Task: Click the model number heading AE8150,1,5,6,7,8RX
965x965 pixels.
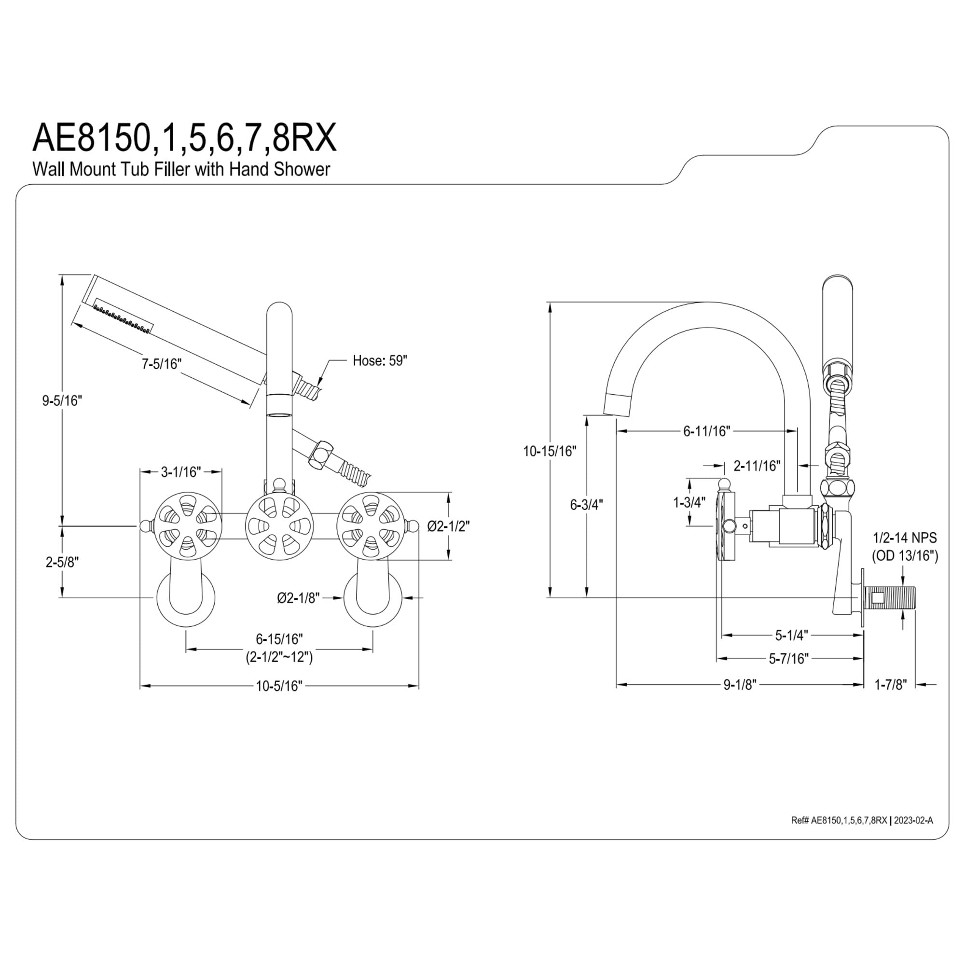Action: (x=184, y=139)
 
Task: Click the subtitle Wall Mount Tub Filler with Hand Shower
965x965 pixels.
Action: (x=181, y=169)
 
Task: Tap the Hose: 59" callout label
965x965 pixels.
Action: (x=380, y=360)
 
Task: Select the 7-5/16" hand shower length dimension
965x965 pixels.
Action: (x=161, y=364)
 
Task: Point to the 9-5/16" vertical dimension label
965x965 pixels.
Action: (x=61, y=400)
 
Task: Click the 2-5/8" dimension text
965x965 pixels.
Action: (x=62, y=563)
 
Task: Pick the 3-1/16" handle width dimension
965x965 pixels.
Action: (x=181, y=472)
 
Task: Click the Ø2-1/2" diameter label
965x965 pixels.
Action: (x=449, y=526)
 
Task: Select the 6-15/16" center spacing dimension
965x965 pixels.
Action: (x=280, y=639)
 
